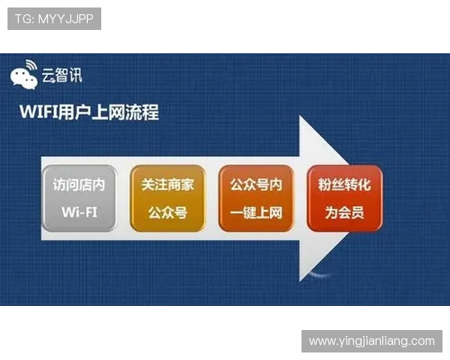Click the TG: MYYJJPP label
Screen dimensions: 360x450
(x=53, y=19)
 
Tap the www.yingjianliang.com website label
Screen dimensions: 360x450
(x=371, y=341)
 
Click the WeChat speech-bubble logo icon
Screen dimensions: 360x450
(x=24, y=73)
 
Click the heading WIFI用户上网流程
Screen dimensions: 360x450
(x=88, y=113)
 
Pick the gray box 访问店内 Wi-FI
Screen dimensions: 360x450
(x=79, y=198)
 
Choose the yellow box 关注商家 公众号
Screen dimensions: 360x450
(x=167, y=198)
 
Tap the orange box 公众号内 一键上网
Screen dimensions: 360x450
(x=256, y=198)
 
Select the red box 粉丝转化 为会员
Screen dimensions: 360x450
(x=344, y=198)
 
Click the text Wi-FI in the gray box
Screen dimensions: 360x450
(x=79, y=212)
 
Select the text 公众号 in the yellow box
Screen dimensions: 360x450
(x=167, y=212)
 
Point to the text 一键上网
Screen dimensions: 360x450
(x=256, y=212)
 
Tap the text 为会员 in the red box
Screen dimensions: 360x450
(x=344, y=212)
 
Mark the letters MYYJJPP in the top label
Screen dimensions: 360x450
(x=65, y=19)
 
